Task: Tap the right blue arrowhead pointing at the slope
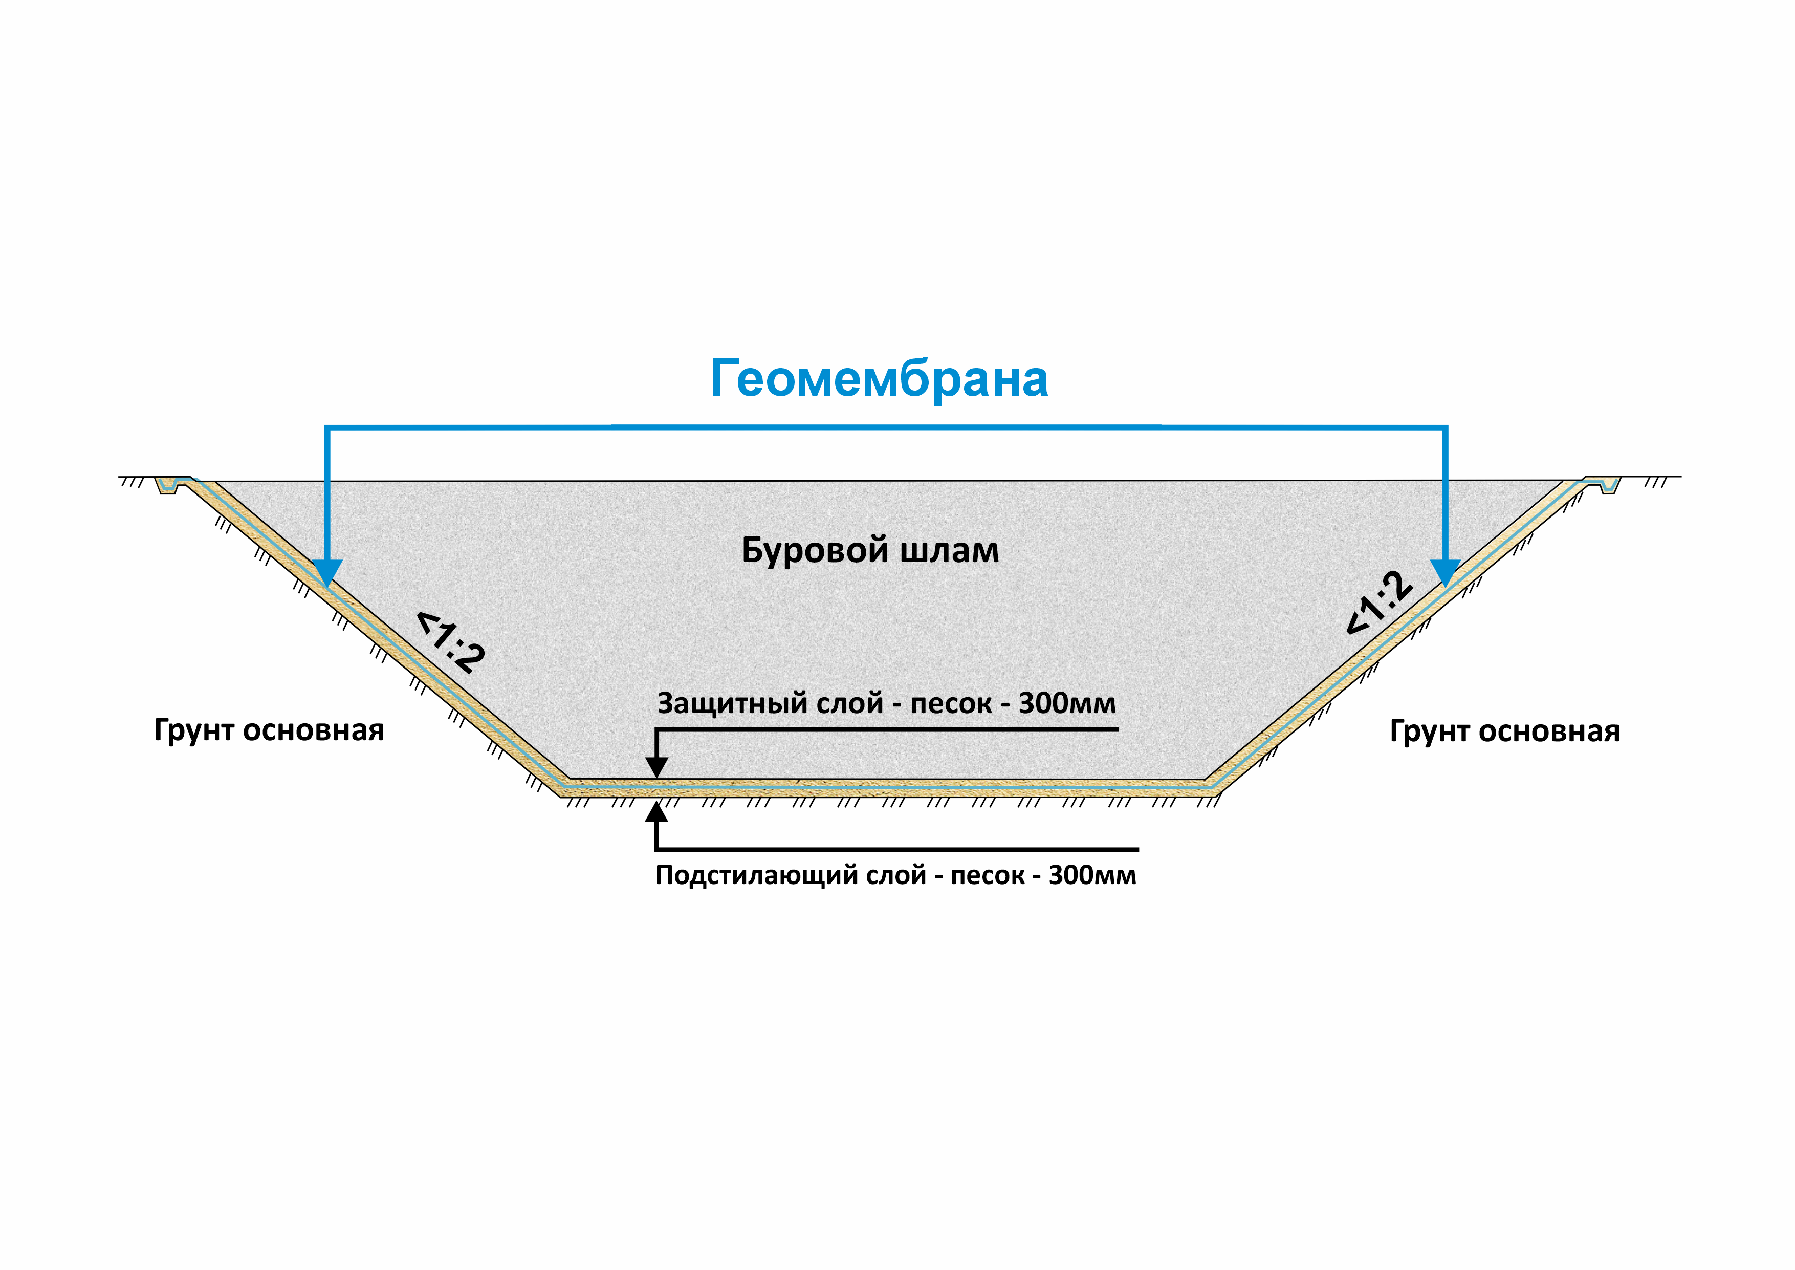(x=1446, y=572)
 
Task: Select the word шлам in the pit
(x=949, y=551)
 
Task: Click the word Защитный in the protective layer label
(x=732, y=704)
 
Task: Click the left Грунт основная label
(x=269, y=730)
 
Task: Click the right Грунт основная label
(x=1504, y=731)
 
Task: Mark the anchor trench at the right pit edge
(x=1609, y=485)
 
